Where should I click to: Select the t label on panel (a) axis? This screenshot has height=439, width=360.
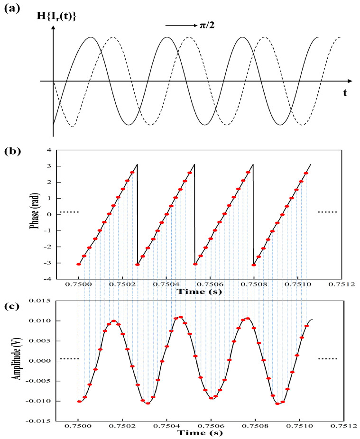pyautogui.click(x=345, y=92)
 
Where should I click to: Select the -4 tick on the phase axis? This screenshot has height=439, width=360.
pyautogui.click(x=46, y=279)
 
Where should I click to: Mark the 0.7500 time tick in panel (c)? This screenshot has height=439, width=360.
pyautogui.click(x=79, y=426)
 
